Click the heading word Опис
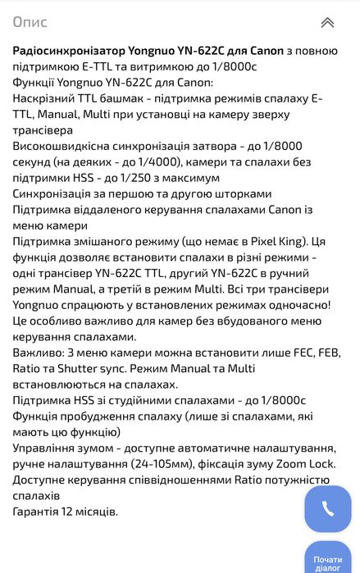click(x=30, y=22)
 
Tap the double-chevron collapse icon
click(x=327, y=22)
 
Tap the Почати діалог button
click(x=328, y=560)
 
